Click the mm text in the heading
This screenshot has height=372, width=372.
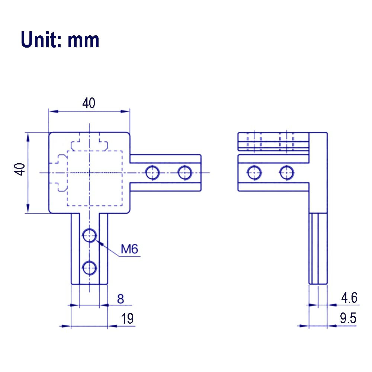tap(83, 41)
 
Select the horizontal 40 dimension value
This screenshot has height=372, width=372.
tap(89, 103)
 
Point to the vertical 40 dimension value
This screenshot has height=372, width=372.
tap(20, 169)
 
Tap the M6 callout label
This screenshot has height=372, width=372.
tap(129, 249)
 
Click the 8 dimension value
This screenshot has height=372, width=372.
tap(121, 299)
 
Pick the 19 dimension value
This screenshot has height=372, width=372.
tap(127, 318)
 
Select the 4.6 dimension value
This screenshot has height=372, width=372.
tap(349, 298)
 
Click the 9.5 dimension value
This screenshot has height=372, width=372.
tap(348, 318)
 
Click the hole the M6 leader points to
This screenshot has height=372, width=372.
tap(89, 235)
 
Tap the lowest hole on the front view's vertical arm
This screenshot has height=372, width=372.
tap(89, 268)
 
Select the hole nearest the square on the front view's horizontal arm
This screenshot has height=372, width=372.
tap(152, 173)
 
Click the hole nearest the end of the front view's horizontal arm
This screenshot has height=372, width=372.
tap(185, 173)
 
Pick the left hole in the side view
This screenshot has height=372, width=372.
tap(254, 173)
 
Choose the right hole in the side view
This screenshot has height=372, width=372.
tap(287, 173)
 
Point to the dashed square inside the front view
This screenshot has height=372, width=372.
tap(67, 178)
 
